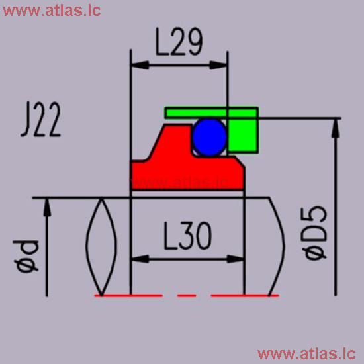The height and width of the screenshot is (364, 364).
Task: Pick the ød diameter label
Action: click(27, 255)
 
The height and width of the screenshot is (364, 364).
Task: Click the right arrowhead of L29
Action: click(222, 64)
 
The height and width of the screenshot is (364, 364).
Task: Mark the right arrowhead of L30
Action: click(239, 259)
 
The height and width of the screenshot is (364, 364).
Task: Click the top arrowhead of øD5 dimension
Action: click(336, 126)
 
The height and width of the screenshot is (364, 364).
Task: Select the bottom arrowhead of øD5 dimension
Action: click(336, 289)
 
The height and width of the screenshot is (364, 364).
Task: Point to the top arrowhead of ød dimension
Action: click(46, 205)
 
